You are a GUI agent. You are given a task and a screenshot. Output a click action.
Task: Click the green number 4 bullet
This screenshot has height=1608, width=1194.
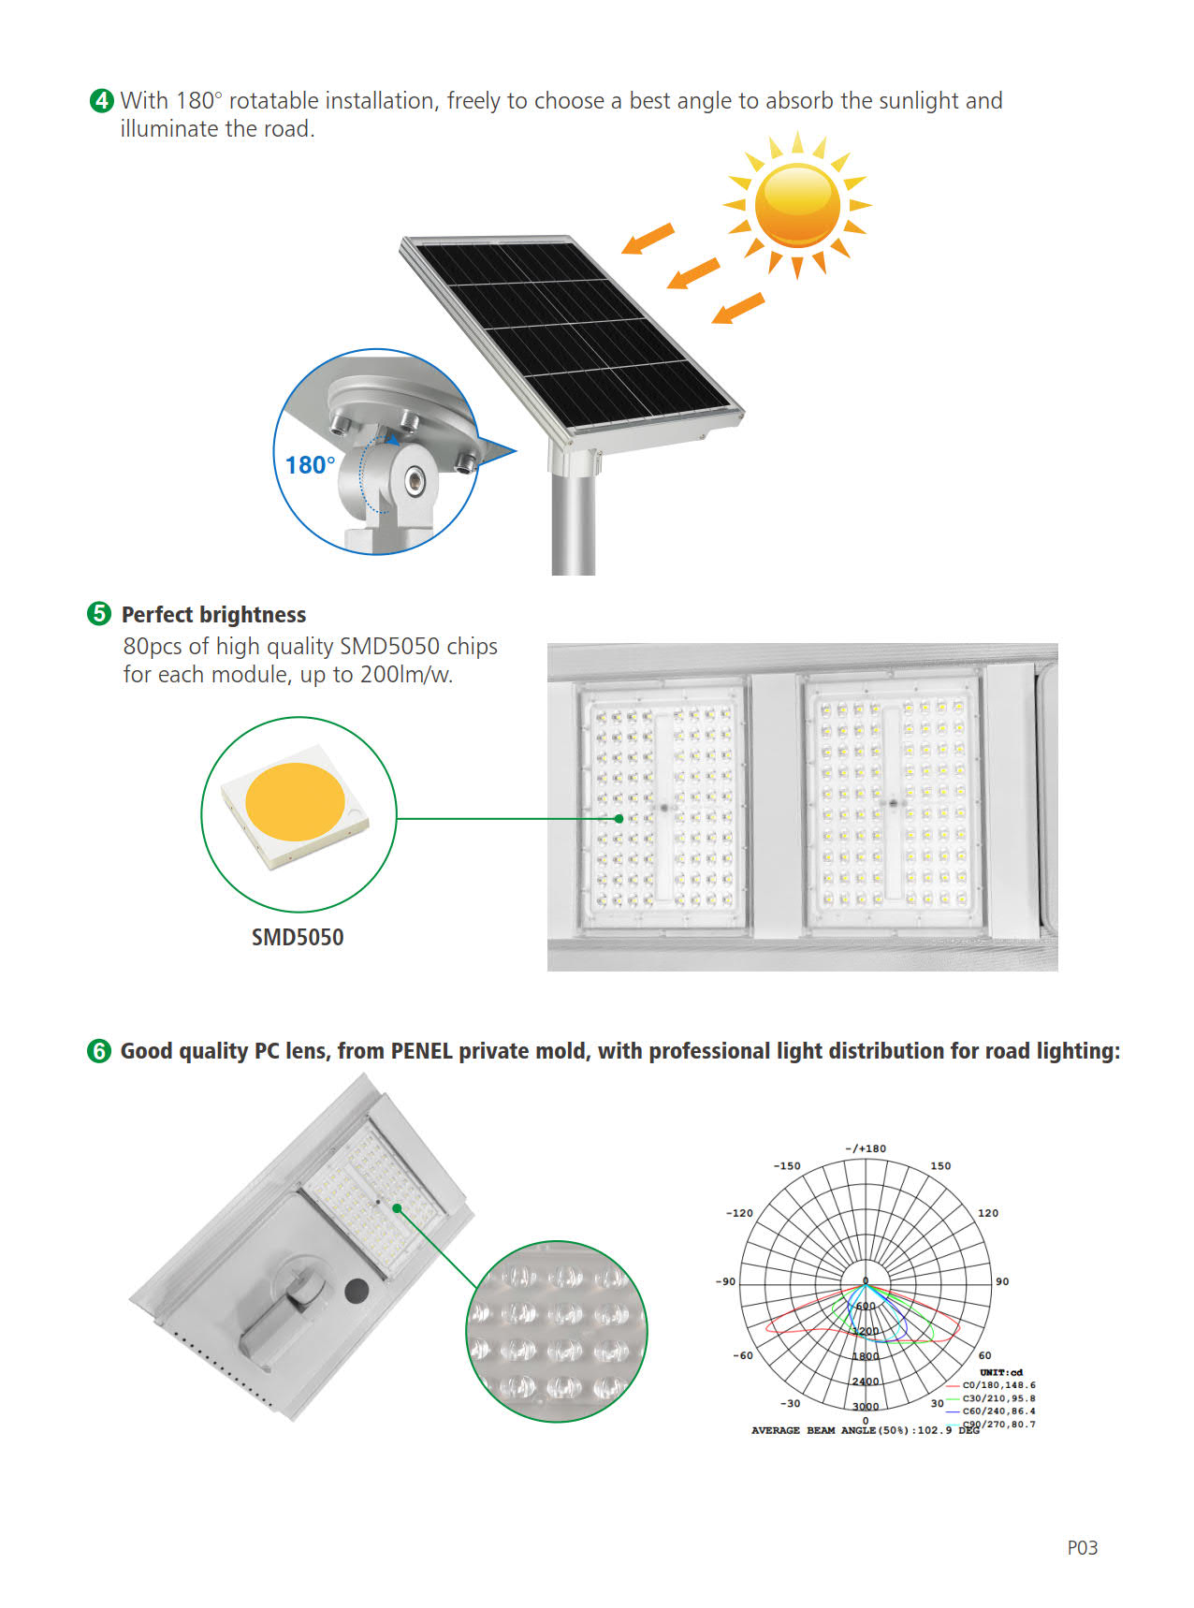(101, 100)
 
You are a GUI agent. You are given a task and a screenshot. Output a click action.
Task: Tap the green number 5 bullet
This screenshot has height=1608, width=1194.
(98, 613)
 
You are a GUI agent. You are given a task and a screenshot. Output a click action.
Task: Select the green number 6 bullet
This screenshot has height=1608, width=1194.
(98, 1051)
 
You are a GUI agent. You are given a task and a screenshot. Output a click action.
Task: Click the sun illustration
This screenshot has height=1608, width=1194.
(797, 205)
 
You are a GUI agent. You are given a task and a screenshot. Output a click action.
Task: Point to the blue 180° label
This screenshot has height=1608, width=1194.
(310, 465)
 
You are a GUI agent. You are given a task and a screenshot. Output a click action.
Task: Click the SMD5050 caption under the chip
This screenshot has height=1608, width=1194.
(298, 937)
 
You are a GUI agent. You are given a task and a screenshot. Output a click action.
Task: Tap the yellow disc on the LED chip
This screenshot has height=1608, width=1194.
(295, 801)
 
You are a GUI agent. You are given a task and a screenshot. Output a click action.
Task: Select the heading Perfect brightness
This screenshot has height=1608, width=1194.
(214, 615)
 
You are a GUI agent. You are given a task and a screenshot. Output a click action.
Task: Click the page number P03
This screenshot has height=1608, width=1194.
(1083, 1548)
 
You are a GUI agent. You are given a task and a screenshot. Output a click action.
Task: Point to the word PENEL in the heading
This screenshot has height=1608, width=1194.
(422, 1051)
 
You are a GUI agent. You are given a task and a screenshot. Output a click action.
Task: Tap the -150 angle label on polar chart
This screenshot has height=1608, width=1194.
(787, 1166)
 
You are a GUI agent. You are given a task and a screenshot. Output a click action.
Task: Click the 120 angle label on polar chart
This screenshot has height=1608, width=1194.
(988, 1213)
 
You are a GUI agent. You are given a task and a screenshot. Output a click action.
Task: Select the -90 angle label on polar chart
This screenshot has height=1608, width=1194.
(725, 1281)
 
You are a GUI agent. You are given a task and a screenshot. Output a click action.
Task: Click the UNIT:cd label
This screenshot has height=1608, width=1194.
(1001, 1372)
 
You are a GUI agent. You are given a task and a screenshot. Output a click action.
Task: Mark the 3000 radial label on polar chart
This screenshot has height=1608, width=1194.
(866, 1407)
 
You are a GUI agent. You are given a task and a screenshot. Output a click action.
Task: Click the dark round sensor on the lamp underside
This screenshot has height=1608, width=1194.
(357, 1292)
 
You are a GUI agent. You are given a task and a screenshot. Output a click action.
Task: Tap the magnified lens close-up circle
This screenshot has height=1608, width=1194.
(556, 1332)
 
